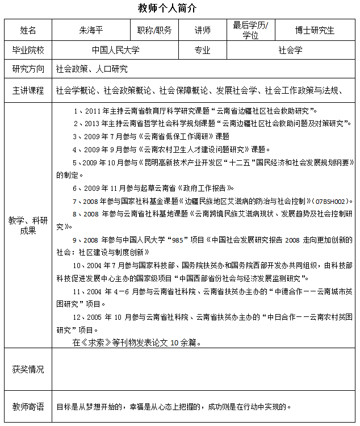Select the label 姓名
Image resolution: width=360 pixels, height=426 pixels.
tap(28, 30)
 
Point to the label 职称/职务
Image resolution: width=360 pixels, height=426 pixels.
tap(154, 30)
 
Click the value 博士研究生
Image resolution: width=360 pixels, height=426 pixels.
tap(315, 30)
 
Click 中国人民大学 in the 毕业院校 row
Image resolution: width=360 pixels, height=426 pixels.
tap(116, 50)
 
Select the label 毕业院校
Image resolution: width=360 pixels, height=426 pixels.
tap(28, 50)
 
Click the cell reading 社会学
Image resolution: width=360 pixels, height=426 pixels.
tap(290, 50)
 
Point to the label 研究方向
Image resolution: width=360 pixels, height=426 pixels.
tap(28, 69)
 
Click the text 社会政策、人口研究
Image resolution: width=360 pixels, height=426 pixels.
tap(91, 69)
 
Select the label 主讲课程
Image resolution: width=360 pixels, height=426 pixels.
tap(28, 90)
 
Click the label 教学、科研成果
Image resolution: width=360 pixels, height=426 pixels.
tap(28, 225)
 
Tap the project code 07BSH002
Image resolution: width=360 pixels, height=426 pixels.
tap(330, 201)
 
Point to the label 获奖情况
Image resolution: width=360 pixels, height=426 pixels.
tap(28, 369)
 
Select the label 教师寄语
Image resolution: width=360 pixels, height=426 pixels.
tap(28, 407)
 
